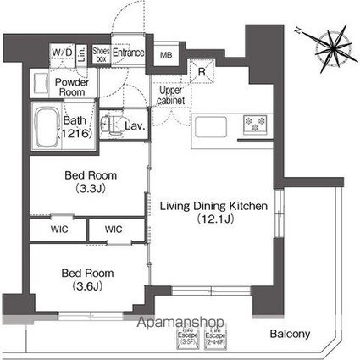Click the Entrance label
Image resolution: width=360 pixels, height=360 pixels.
click(130, 53)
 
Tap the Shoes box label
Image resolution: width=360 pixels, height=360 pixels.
click(101, 54)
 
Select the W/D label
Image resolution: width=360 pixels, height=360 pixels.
click(62, 53)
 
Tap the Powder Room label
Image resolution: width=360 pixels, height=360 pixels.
click(74, 86)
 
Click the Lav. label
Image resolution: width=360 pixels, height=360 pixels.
click(135, 126)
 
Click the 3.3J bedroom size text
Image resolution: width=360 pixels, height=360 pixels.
click(89, 190)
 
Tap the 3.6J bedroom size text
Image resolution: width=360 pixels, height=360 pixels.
click(89, 286)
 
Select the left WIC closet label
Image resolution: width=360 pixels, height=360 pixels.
click(58, 229)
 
